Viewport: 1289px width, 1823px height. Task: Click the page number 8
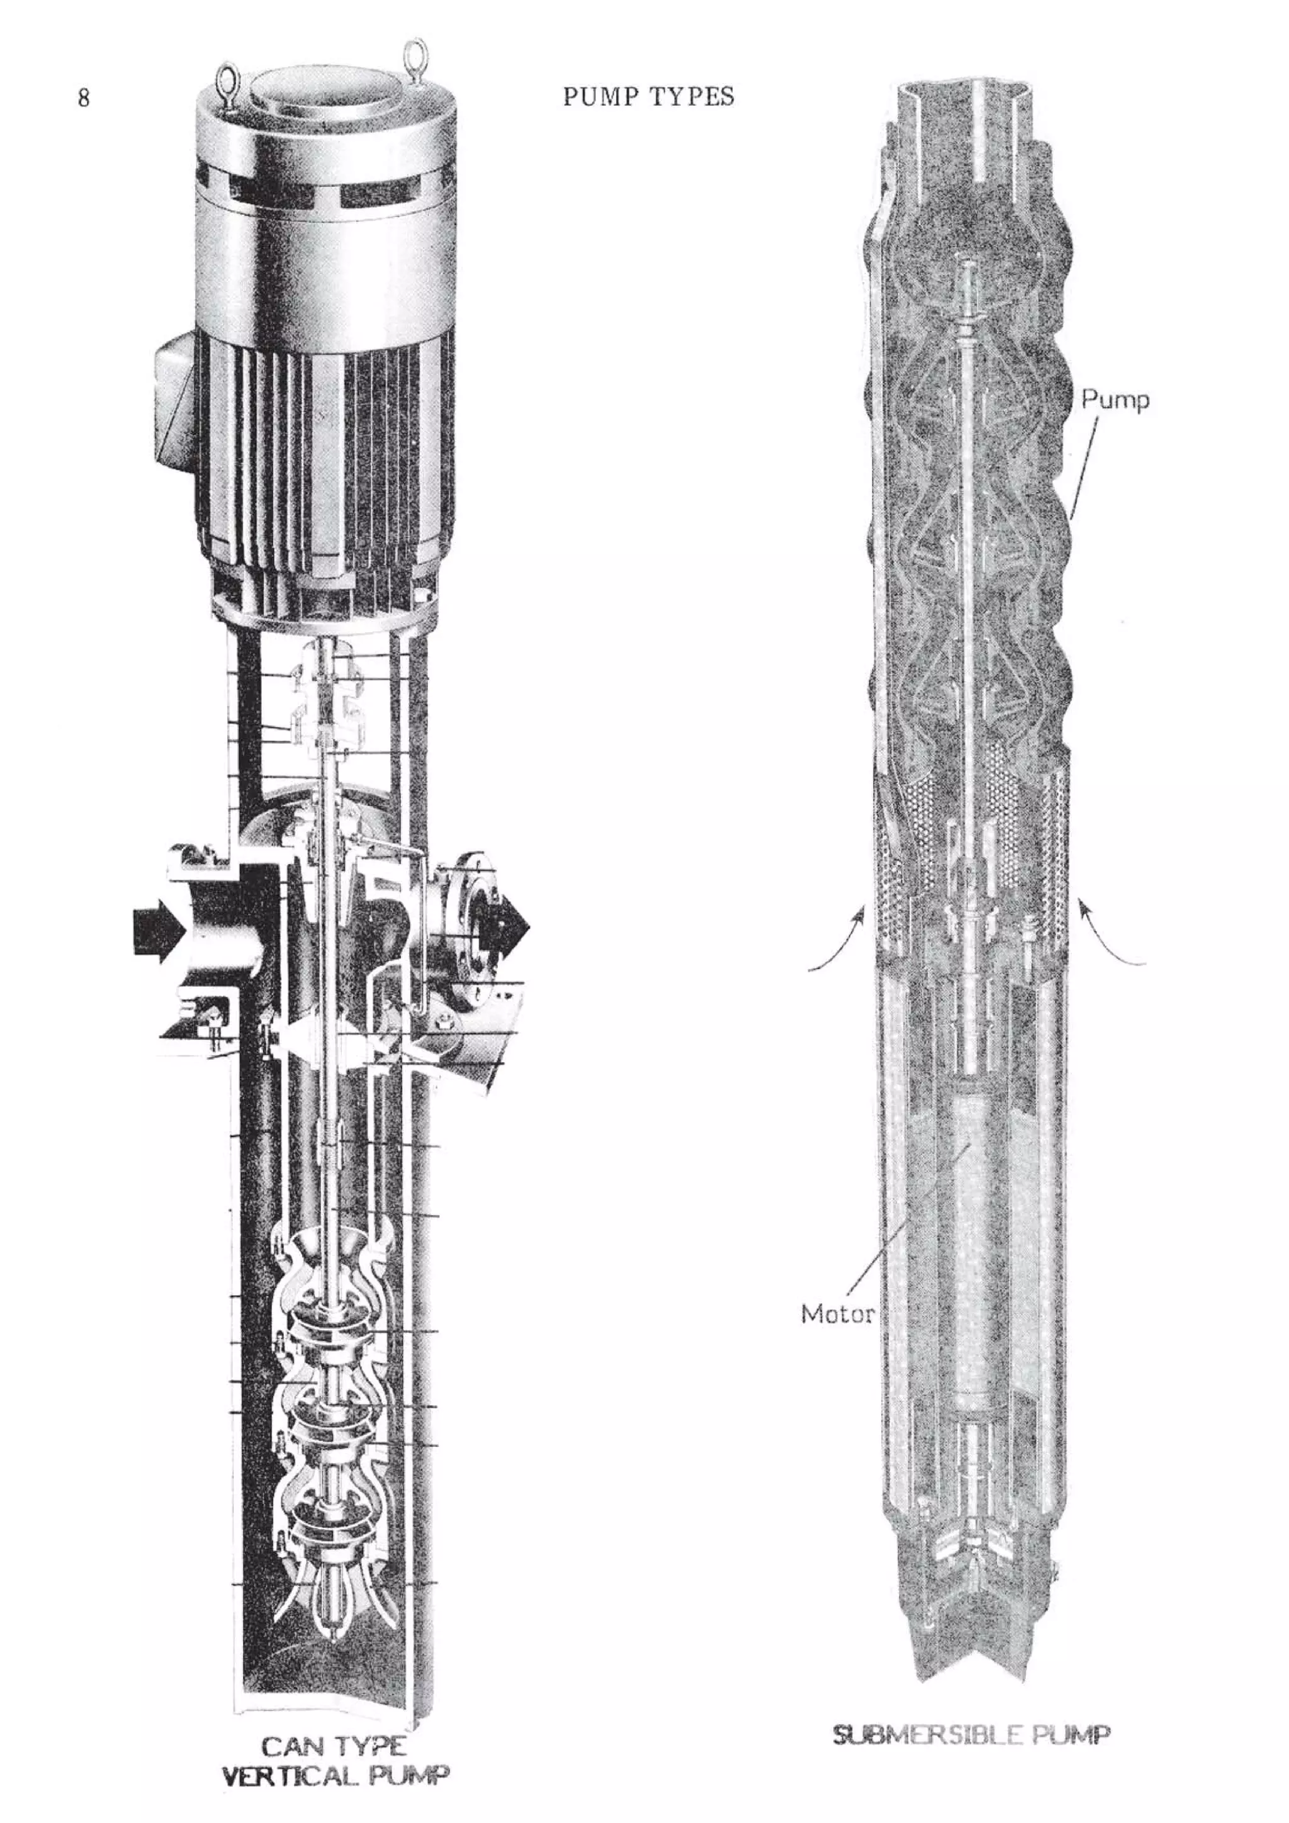click(83, 98)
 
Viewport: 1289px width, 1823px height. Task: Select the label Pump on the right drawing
click(1114, 400)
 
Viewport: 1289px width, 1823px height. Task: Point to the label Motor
click(837, 1313)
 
